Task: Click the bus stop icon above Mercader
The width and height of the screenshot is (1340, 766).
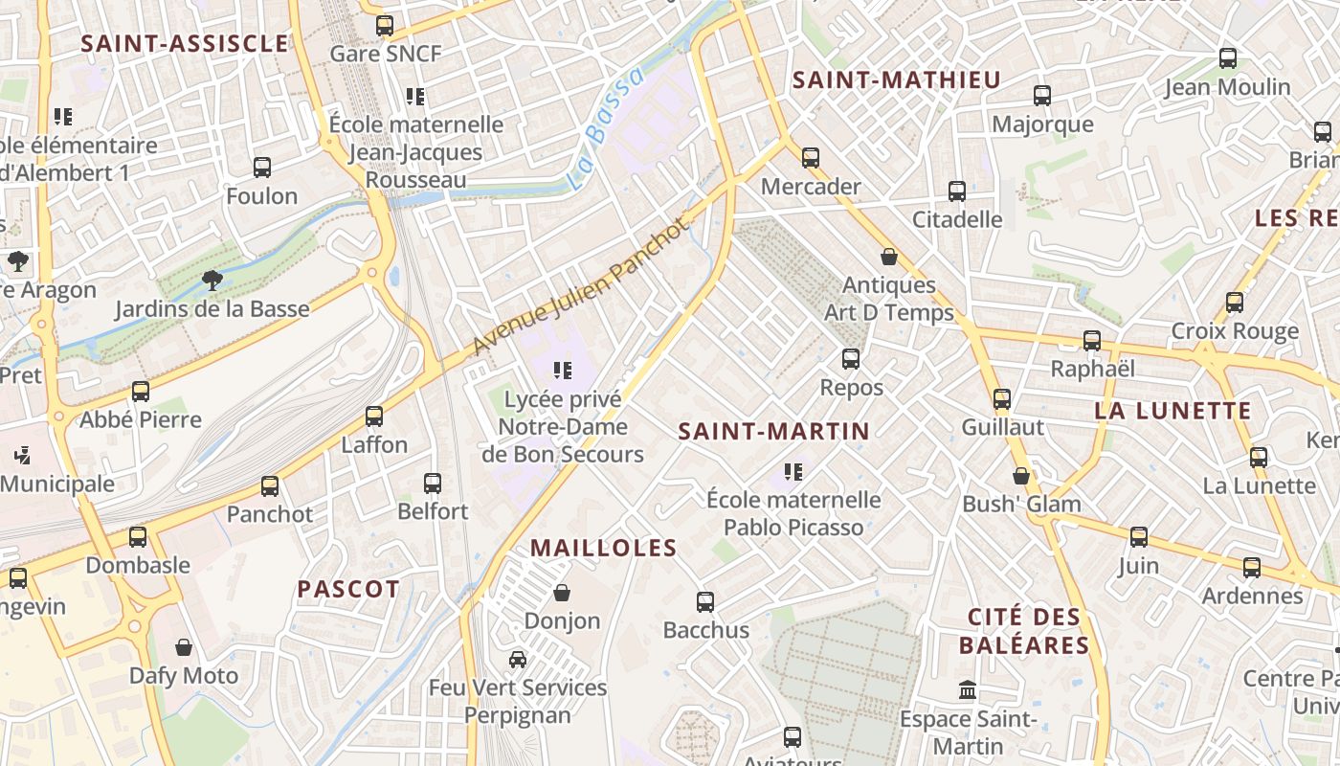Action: coord(811,158)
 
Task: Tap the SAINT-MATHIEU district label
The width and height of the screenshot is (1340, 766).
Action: coord(897,80)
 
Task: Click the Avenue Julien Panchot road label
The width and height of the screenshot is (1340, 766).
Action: coord(580,286)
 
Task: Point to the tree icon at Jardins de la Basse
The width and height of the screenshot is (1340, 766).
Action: coord(212,281)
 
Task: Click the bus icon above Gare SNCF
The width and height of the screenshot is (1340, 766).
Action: coord(385,26)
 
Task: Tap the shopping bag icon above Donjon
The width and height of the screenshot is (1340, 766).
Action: coord(562,594)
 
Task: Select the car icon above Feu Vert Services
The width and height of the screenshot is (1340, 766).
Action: coord(517,660)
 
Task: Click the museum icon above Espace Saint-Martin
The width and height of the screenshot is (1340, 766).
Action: coord(968,690)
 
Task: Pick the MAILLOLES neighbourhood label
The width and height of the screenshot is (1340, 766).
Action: coord(604,549)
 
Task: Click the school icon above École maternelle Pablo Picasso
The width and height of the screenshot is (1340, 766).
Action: coord(793,472)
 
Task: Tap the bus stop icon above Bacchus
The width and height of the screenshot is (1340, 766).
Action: coord(705,602)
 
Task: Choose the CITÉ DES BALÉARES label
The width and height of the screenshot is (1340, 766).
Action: coord(1024,631)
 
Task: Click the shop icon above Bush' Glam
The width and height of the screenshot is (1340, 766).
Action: coord(1021,476)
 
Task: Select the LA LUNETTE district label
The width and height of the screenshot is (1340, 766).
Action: coord(1173,412)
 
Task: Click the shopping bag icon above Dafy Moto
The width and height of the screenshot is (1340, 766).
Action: coord(184,648)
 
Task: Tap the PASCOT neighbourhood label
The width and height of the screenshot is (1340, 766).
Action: coord(348,590)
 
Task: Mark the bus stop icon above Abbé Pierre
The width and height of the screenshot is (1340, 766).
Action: coord(141,392)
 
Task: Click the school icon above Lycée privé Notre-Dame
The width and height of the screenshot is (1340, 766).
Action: coord(563,371)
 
